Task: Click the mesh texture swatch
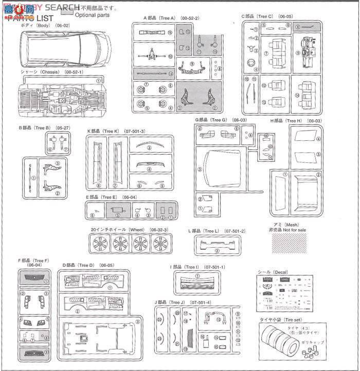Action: coord(293,241)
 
